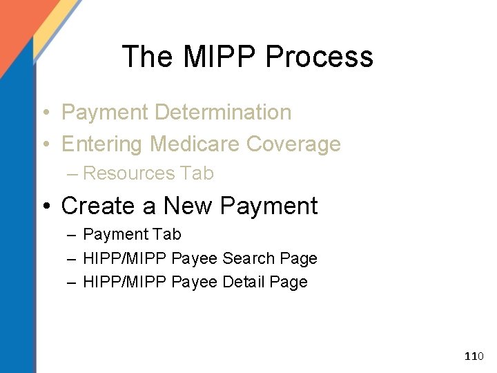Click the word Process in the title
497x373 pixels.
[322, 57]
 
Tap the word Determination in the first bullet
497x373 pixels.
[224, 112]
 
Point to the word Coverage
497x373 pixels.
[293, 144]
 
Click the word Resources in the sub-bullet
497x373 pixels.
[130, 173]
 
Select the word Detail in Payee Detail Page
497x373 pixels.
[246, 282]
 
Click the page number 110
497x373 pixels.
[474, 356]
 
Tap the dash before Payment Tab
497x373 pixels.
[72, 235]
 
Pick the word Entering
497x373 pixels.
[103, 144]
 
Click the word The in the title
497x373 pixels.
[146, 57]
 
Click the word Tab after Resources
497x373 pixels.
[197, 173]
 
